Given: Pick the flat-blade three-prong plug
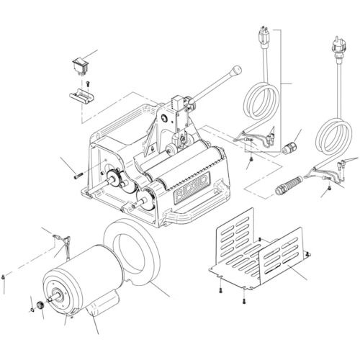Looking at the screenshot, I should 263,37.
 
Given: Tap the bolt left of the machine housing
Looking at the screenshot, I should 78,173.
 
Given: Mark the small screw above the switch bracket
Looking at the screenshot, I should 87,84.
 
